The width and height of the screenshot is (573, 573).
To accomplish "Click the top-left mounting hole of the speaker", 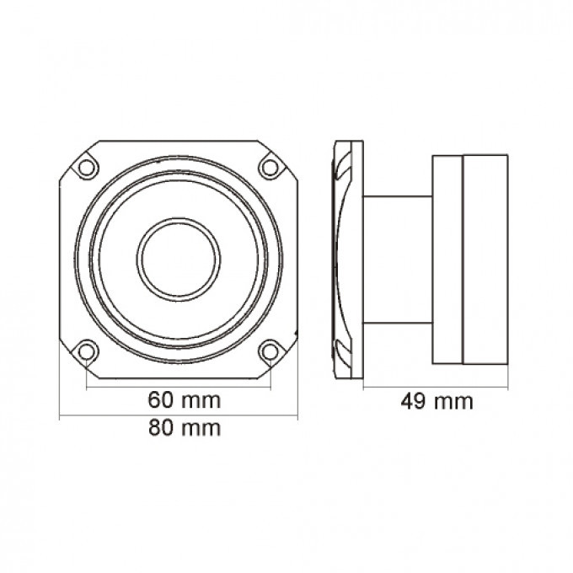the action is pyautogui.click(x=86, y=168).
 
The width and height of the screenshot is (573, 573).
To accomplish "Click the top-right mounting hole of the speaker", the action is pyautogui.click(x=270, y=168).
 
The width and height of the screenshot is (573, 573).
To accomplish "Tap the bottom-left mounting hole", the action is pyautogui.click(x=86, y=352).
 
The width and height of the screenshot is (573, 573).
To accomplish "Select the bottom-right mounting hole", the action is pyautogui.click(x=270, y=352).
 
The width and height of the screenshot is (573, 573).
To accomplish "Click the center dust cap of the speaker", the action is pyautogui.click(x=179, y=260).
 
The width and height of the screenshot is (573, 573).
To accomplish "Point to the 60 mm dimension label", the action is pyautogui.click(x=185, y=400).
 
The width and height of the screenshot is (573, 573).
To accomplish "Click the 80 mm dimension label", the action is pyautogui.click(x=185, y=428).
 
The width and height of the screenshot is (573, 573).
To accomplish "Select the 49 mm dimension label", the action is pyautogui.click(x=436, y=401).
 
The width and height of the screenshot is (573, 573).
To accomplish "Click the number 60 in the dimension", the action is pyautogui.click(x=160, y=400).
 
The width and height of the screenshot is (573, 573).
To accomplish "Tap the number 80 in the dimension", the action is pyautogui.click(x=160, y=428).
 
